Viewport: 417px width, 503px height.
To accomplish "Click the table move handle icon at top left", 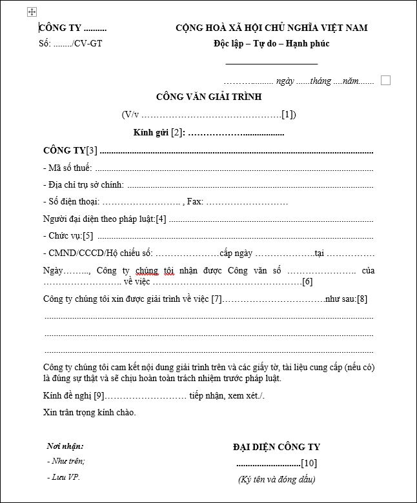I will pos(32,12).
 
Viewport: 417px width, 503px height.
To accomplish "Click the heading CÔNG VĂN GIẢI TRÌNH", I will pos(208,97).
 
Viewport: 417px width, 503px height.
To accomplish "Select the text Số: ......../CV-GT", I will pos(70,44).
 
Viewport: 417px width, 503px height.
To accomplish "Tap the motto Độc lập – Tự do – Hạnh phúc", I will pos(271,44).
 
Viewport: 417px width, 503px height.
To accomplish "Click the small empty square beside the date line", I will pos(386,81).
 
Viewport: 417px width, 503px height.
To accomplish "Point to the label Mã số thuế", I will pos(70,168).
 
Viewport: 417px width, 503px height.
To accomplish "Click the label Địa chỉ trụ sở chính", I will pos(86,184).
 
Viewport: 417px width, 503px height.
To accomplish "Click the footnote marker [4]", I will pos(161,219).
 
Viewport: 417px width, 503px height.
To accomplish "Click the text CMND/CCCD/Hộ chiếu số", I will pos(99,253).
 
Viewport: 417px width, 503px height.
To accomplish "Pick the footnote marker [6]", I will pos(307,282).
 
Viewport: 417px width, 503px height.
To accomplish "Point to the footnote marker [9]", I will pos(99,395).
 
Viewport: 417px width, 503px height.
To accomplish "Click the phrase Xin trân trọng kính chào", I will pos(90,412).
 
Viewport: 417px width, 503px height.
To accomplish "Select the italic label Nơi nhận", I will pos(65,446).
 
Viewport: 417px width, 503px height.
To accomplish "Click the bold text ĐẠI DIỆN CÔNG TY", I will pos(276,447).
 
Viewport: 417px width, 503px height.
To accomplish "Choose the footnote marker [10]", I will pos(309,463).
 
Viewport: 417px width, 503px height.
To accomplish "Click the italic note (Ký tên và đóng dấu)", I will pos(276,479).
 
